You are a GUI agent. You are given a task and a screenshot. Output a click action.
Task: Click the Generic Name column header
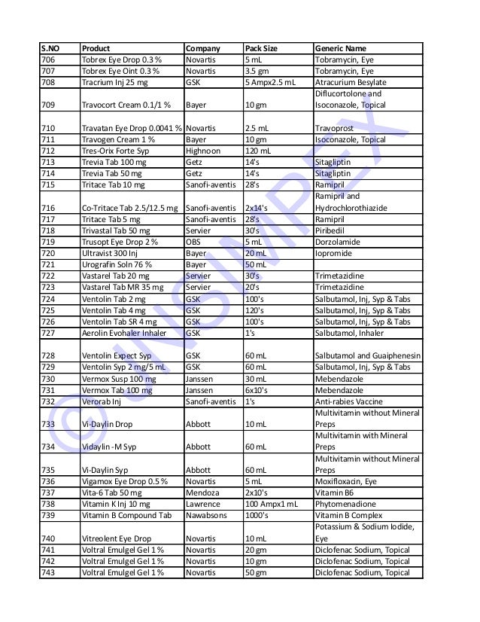(x=341, y=49)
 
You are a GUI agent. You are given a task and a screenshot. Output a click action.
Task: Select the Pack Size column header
(x=261, y=49)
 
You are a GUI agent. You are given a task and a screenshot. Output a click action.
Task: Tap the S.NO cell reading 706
(x=47, y=59)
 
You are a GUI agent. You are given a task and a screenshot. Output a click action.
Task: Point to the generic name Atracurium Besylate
(x=351, y=81)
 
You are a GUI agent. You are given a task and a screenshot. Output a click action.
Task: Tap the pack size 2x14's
(x=259, y=208)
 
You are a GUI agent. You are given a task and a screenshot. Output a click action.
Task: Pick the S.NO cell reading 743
(x=47, y=572)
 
